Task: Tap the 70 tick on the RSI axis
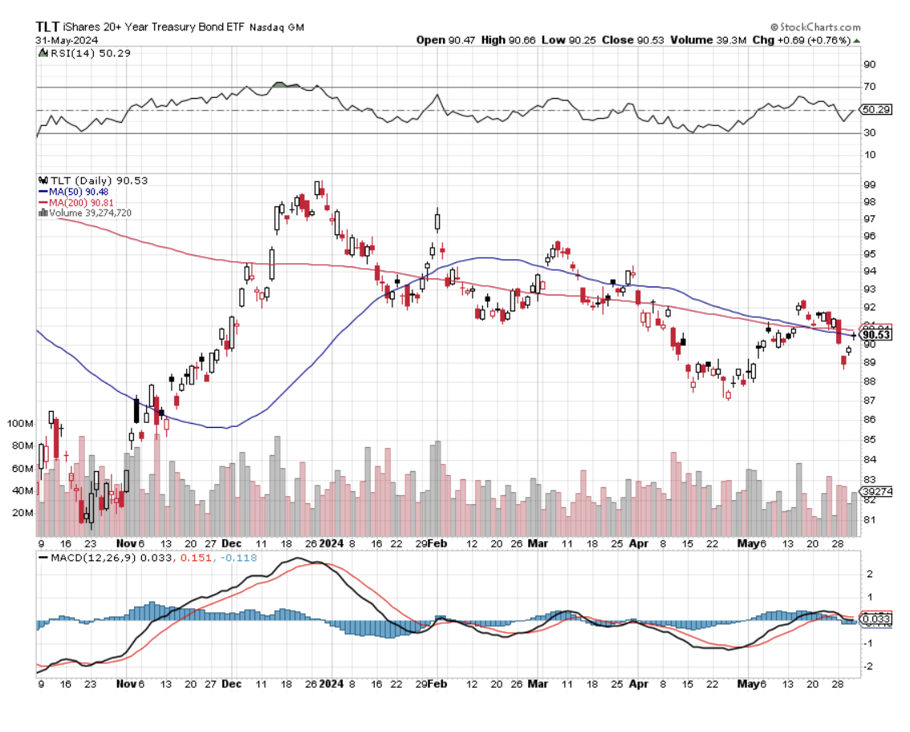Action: (x=869, y=87)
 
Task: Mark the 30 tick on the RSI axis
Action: (x=869, y=133)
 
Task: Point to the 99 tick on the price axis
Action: (x=869, y=185)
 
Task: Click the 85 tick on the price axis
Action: (x=869, y=440)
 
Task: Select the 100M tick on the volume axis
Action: (x=19, y=423)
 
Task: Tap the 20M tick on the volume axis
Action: (x=22, y=513)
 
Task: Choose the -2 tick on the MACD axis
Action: (x=869, y=666)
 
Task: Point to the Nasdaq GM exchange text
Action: (x=278, y=27)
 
